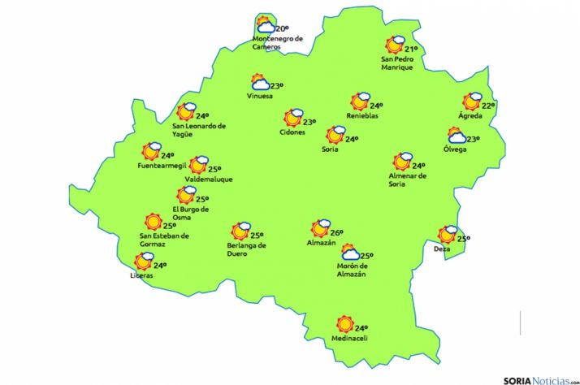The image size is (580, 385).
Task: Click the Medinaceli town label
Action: (x=350, y=339)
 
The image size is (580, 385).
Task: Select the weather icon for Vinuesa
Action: (x=260, y=83)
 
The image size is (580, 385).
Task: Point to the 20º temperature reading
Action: (x=282, y=29)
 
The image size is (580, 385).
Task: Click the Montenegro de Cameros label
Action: (x=278, y=42)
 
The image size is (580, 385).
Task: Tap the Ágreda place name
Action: (x=470, y=116)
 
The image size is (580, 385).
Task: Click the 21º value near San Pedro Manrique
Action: (x=411, y=49)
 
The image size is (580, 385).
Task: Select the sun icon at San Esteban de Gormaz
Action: (x=152, y=222)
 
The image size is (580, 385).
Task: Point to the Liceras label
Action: (x=141, y=275)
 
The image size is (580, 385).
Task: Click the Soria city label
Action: (x=330, y=149)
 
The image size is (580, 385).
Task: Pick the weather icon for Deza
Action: (x=447, y=236)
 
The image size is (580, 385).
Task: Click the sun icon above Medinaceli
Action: (x=344, y=323)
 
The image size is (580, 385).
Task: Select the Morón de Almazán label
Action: (x=351, y=269)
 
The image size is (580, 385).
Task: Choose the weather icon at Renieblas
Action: (x=359, y=102)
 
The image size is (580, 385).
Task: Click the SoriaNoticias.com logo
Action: (x=539, y=378)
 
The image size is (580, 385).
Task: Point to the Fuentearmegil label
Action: (x=162, y=167)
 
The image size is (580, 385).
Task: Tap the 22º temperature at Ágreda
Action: (x=488, y=106)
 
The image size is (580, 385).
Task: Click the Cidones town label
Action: (x=292, y=132)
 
